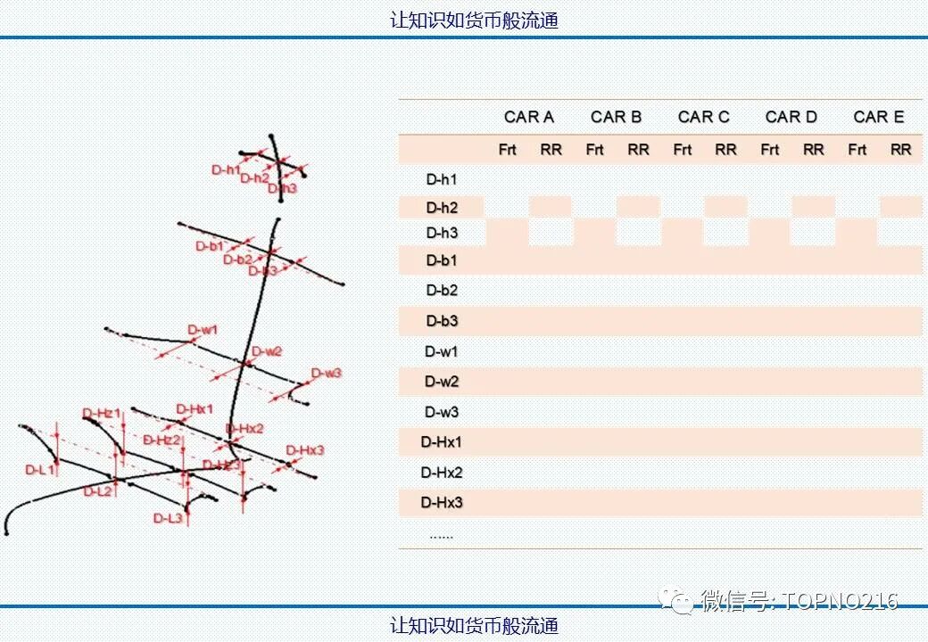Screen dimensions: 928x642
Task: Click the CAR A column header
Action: click(x=528, y=117)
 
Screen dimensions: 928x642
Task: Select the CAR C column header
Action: click(x=703, y=117)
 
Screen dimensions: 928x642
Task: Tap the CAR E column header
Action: click(x=878, y=117)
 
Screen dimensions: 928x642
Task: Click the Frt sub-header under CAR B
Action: click(x=594, y=150)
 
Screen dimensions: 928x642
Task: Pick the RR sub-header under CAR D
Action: click(x=813, y=150)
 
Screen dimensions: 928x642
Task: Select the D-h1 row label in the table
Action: click(x=442, y=179)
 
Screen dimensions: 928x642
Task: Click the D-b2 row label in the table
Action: click(x=442, y=291)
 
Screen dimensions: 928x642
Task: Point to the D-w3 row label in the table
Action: click(x=442, y=412)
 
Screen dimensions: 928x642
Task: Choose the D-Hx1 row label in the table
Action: click(x=442, y=442)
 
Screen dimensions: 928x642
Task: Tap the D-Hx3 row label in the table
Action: click(x=442, y=503)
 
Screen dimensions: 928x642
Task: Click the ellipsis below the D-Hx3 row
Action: click(x=441, y=536)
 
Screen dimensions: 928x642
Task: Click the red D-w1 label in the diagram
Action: click(x=203, y=331)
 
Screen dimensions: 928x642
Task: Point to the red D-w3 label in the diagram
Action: click(x=326, y=373)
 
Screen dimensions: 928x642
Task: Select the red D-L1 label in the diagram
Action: click(x=40, y=469)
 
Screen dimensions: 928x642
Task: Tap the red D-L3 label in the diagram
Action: click(x=168, y=518)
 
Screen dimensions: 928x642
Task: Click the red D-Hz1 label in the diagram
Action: click(x=101, y=413)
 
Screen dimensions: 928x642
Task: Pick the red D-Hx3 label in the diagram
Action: click(x=304, y=450)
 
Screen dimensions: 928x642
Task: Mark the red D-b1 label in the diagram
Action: click(x=210, y=246)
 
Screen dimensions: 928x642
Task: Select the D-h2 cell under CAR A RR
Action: click(x=551, y=208)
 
